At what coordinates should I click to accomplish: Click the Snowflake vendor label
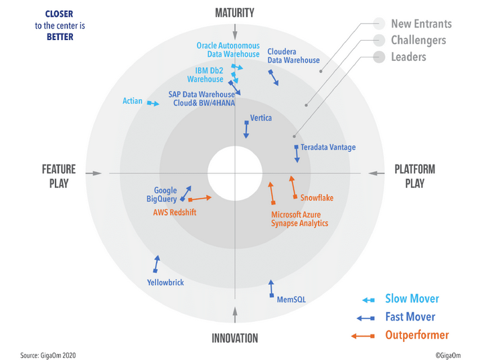[317, 198]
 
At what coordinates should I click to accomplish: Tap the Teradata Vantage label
[328, 147]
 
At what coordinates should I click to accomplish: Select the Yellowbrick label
[165, 283]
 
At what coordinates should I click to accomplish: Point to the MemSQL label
[291, 300]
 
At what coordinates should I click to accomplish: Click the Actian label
[133, 101]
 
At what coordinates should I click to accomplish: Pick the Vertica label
[260, 118]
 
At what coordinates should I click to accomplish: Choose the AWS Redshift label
[175, 212]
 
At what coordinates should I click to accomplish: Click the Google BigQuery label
[162, 195]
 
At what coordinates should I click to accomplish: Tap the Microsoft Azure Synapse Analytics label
[299, 219]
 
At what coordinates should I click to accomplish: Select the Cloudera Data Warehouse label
[293, 56]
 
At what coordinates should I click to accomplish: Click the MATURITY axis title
[234, 13]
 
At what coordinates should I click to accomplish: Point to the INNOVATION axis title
[234, 338]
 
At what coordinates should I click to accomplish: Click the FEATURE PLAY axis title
[59, 177]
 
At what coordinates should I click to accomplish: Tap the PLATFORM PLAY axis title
[414, 177]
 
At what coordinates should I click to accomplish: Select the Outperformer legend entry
[416, 335]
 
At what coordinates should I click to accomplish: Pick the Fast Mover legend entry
[410, 317]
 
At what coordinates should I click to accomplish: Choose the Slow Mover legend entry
[412, 299]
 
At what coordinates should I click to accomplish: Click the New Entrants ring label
[421, 24]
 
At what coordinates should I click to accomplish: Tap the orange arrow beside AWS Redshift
[200, 198]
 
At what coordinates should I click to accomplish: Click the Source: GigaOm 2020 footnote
[50, 355]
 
